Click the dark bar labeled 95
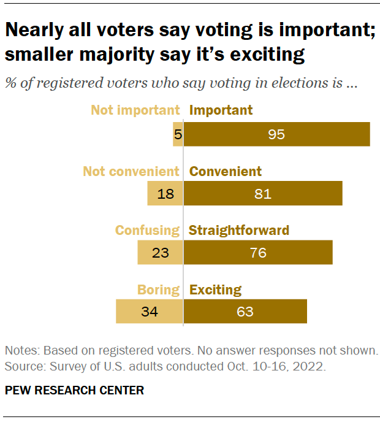coord(277,134)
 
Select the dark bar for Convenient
coord(263,194)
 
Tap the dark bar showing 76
coord(258,253)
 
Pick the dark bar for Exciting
coord(245,312)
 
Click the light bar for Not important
coord(178,134)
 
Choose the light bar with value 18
coord(165,194)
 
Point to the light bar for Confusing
coord(160,253)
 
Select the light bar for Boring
coord(149,312)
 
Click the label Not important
coord(135,110)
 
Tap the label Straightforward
coord(239,231)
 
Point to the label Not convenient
coord(131,171)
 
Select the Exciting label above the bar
coord(215,290)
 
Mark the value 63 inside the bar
coord(245,312)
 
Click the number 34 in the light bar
coord(149,312)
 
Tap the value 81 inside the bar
coord(263,194)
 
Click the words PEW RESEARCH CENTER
coord(75,391)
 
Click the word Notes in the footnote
coord(21,351)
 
